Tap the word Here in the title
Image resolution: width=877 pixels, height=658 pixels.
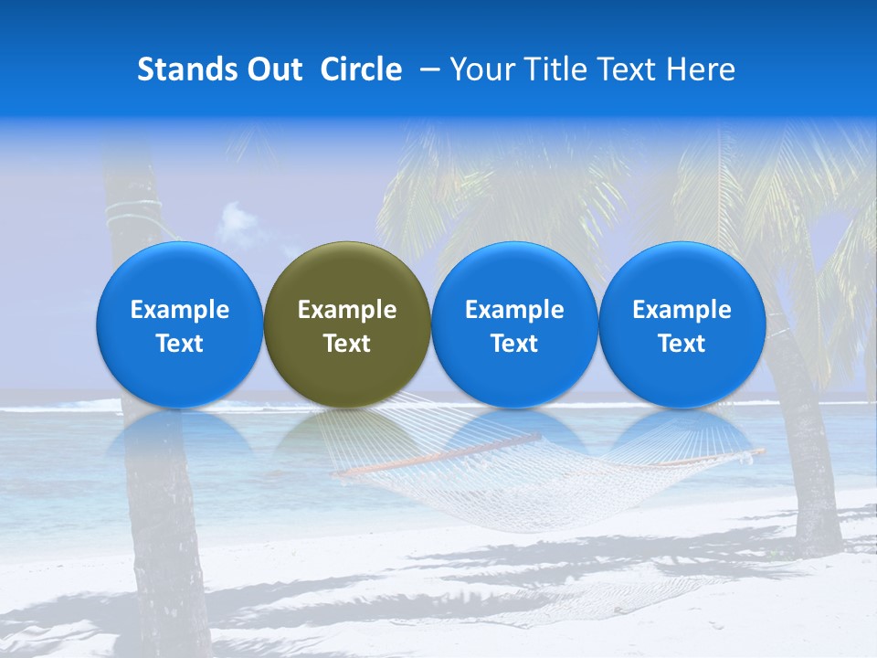pyautogui.click(x=703, y=69)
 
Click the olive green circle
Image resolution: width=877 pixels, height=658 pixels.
pyautogui.click(x=347, y=324)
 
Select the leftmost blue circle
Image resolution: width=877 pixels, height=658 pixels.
pyautogui.click(x=180, y=324)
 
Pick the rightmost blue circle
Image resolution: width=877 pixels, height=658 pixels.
pyautogui.click(x=682, y=324)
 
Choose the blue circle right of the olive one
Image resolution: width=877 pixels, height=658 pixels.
pyautogui.click(x=514, y=324)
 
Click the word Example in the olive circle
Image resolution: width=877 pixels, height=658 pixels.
pyautogui.click(x=347, y=310)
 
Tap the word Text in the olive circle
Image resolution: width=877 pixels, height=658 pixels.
pyautogui.click(x=347, y=344)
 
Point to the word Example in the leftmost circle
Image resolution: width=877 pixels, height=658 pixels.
pyautogui.click(x=180, y=310)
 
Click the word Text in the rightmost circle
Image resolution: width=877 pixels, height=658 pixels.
pyautogui.click(x=682, y=344)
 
